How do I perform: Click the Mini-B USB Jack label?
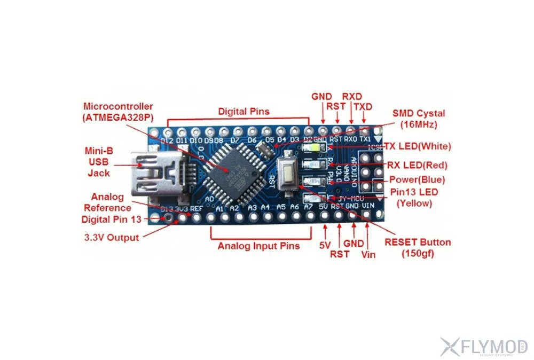[x=99, y=161]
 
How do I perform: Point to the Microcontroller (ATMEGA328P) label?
[x=117, y=112]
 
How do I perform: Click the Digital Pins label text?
[x=244, y=112]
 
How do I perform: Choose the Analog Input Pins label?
[x=258, y=246]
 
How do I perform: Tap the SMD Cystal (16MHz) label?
[x=418, y=119]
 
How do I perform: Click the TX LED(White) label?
[x=418, y=146]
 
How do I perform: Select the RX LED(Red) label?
[x=418, y=165]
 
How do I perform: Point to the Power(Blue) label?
[x=417, y=179]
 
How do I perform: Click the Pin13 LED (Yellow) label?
[x=413, y=198]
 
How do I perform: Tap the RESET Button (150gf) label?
[x=418, y=248]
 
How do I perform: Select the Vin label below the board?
[x=368, y=255]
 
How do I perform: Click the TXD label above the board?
[x=363, y=107]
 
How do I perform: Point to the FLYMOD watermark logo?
[x=484, y=347]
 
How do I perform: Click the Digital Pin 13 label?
[x=112, y=219]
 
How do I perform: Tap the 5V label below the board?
[x=326, y=246]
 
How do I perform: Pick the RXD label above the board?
[x=352, y=96]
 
